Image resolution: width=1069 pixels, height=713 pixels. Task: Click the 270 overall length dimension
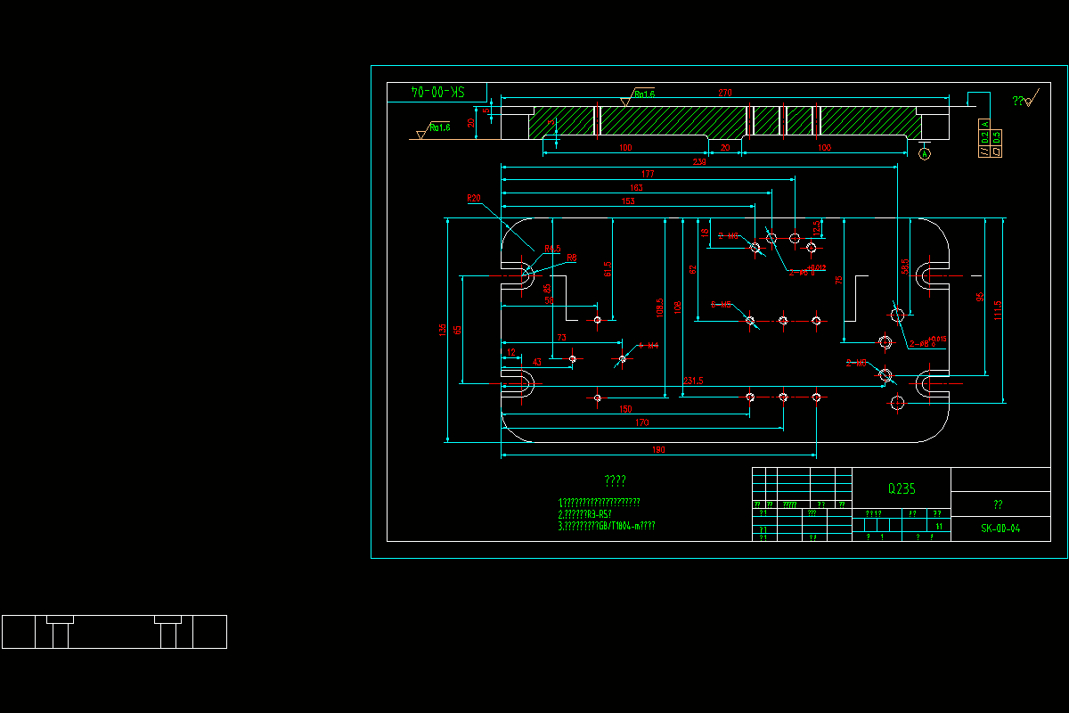pyautogui.click(x=724, y=93)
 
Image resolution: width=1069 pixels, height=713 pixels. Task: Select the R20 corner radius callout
pyautogui.click(x=473, y=198)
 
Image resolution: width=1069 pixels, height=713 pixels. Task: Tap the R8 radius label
pyautogui.click(x=572, y=258)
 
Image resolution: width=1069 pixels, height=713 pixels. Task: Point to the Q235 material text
pyautogui.click(x=902, y=488)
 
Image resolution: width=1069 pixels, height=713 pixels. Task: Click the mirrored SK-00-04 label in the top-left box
pyautogui.click(x=437, y=92)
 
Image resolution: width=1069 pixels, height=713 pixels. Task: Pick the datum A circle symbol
pyautogui.click(x=925, y=154)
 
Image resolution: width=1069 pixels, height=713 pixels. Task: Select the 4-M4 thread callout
pyautogui.click(x=649, y=346)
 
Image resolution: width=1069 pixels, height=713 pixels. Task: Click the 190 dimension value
pyautogui.click(x=658, y=450)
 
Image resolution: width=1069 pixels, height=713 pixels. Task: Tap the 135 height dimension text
pyautogui.click(x=443, y=330)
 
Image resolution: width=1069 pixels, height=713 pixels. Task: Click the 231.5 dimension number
pyautogui.click(x=693, y=381)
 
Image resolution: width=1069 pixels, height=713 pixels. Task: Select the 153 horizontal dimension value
pyautogui.click(x=628, y=202)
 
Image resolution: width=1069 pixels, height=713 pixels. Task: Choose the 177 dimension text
pyautogui.click(x=648, y=175)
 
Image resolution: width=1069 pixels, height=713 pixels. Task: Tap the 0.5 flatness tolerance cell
pyautogui.click(x=996, y=136)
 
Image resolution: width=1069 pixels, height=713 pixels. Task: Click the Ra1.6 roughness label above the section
pyautogui.click(x=644, y=94)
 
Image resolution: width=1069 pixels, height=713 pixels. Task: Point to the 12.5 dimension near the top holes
pyautogui.click(x=816, y=228)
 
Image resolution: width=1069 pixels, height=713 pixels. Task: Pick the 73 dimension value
pyautogui.click(x=561, y=338)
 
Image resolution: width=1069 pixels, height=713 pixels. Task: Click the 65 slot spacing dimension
pyautogui.click(x=458, y=330)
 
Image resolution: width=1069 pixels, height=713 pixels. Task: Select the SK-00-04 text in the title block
pyautogui.click(x=1000, y=529)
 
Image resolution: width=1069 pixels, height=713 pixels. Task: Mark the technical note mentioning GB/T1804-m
pyautogui.click(x=607, y=526)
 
